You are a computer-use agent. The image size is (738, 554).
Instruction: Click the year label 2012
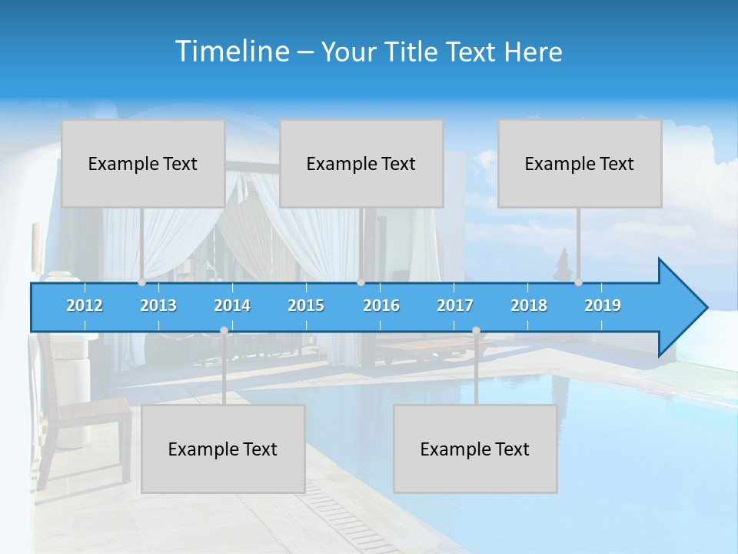(x=85, y=305)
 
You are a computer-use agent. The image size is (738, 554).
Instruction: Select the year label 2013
(x=158, y=305)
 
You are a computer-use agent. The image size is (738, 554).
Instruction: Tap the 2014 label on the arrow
(x=232, y=305)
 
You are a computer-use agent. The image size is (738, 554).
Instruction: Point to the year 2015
(x=306, y=305)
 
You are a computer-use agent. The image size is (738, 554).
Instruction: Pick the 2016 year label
(x=381, y=305)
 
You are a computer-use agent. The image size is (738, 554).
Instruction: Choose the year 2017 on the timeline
(x=455, y=305)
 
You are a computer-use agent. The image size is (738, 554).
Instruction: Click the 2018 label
(x=529, y=305)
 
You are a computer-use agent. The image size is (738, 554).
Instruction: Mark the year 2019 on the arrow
(x=603, y=305)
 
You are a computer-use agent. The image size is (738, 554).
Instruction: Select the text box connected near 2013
(x=143, y=163)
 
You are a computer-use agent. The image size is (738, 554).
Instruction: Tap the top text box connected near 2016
(x=361, y=163)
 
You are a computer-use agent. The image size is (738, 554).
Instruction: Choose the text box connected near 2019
(x=580, y=163)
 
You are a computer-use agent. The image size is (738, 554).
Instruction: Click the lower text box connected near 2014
(x=223, y=449)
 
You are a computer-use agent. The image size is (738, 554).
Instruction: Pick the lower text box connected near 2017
(x=475, y=449)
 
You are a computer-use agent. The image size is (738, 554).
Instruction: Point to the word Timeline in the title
(x=231, y=51)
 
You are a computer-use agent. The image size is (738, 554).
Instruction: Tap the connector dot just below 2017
(x=476, y=331)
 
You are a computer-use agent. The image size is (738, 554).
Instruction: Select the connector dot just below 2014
(x=224, y=331)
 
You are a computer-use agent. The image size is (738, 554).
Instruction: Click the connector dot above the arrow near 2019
(x=578, y=282)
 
